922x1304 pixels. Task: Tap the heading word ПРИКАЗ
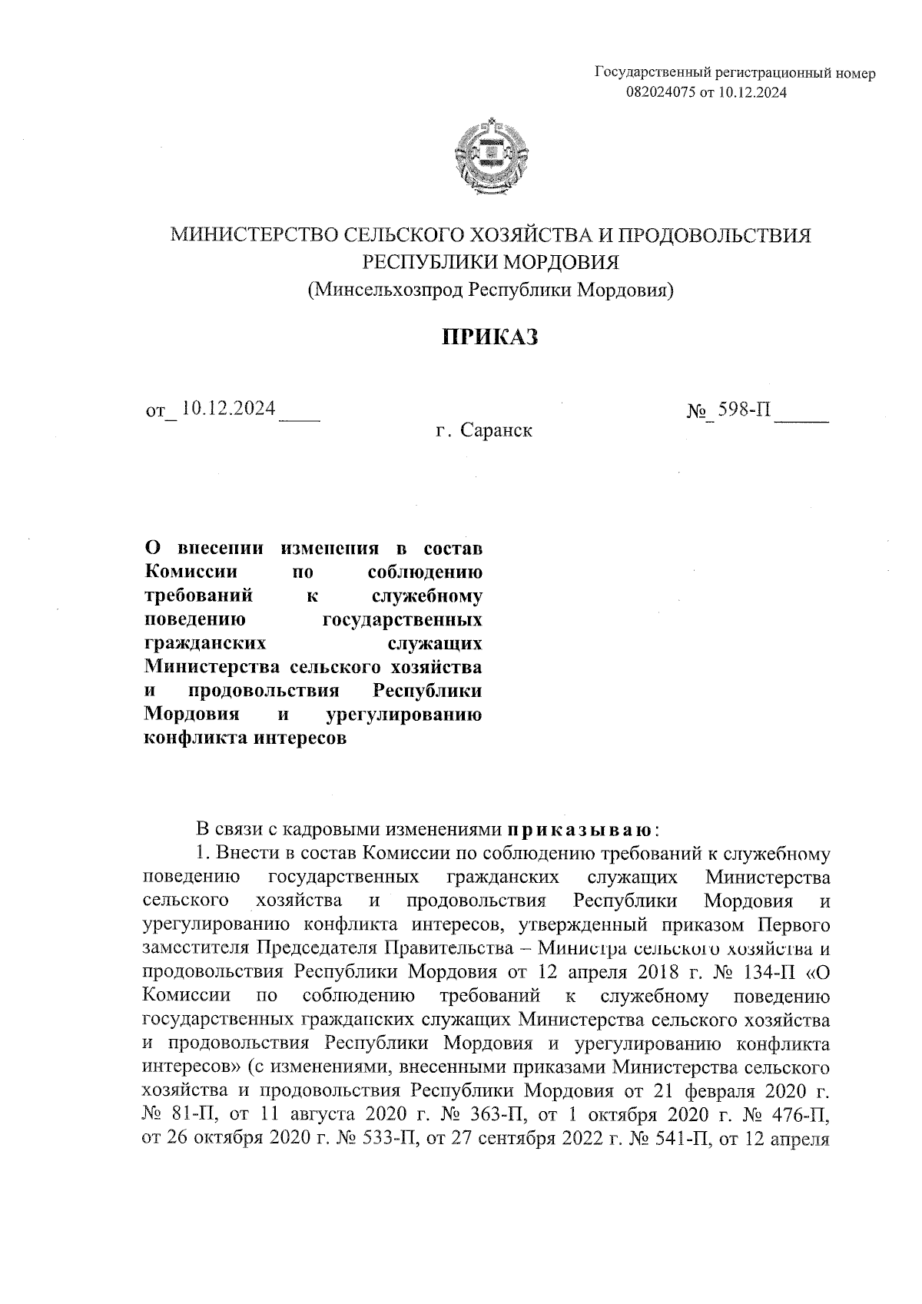click(x=489, y=337)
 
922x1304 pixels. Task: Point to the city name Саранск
click(x=496, y=430)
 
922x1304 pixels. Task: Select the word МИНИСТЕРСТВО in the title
click(x=253, y=235)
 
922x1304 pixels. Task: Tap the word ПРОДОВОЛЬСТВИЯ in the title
click(x=715, y=235)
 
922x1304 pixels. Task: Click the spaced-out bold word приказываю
click(x=579, y=830)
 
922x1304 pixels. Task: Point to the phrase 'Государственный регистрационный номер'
click(x=735, y=74)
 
